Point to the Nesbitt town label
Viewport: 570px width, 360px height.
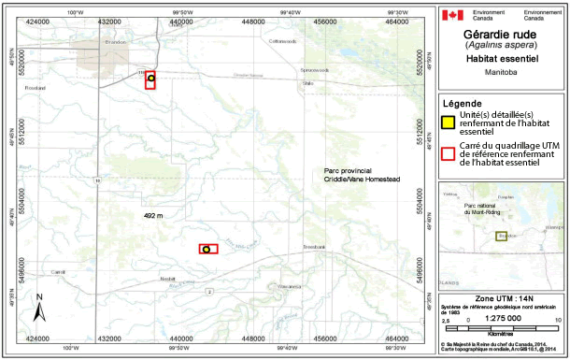click(167, 279)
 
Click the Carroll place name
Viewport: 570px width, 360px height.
click(60, 272)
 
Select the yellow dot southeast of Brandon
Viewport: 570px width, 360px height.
click(150, 79)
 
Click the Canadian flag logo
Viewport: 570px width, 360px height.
click(452, 15)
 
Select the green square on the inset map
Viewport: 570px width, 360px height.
click(501, 238)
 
